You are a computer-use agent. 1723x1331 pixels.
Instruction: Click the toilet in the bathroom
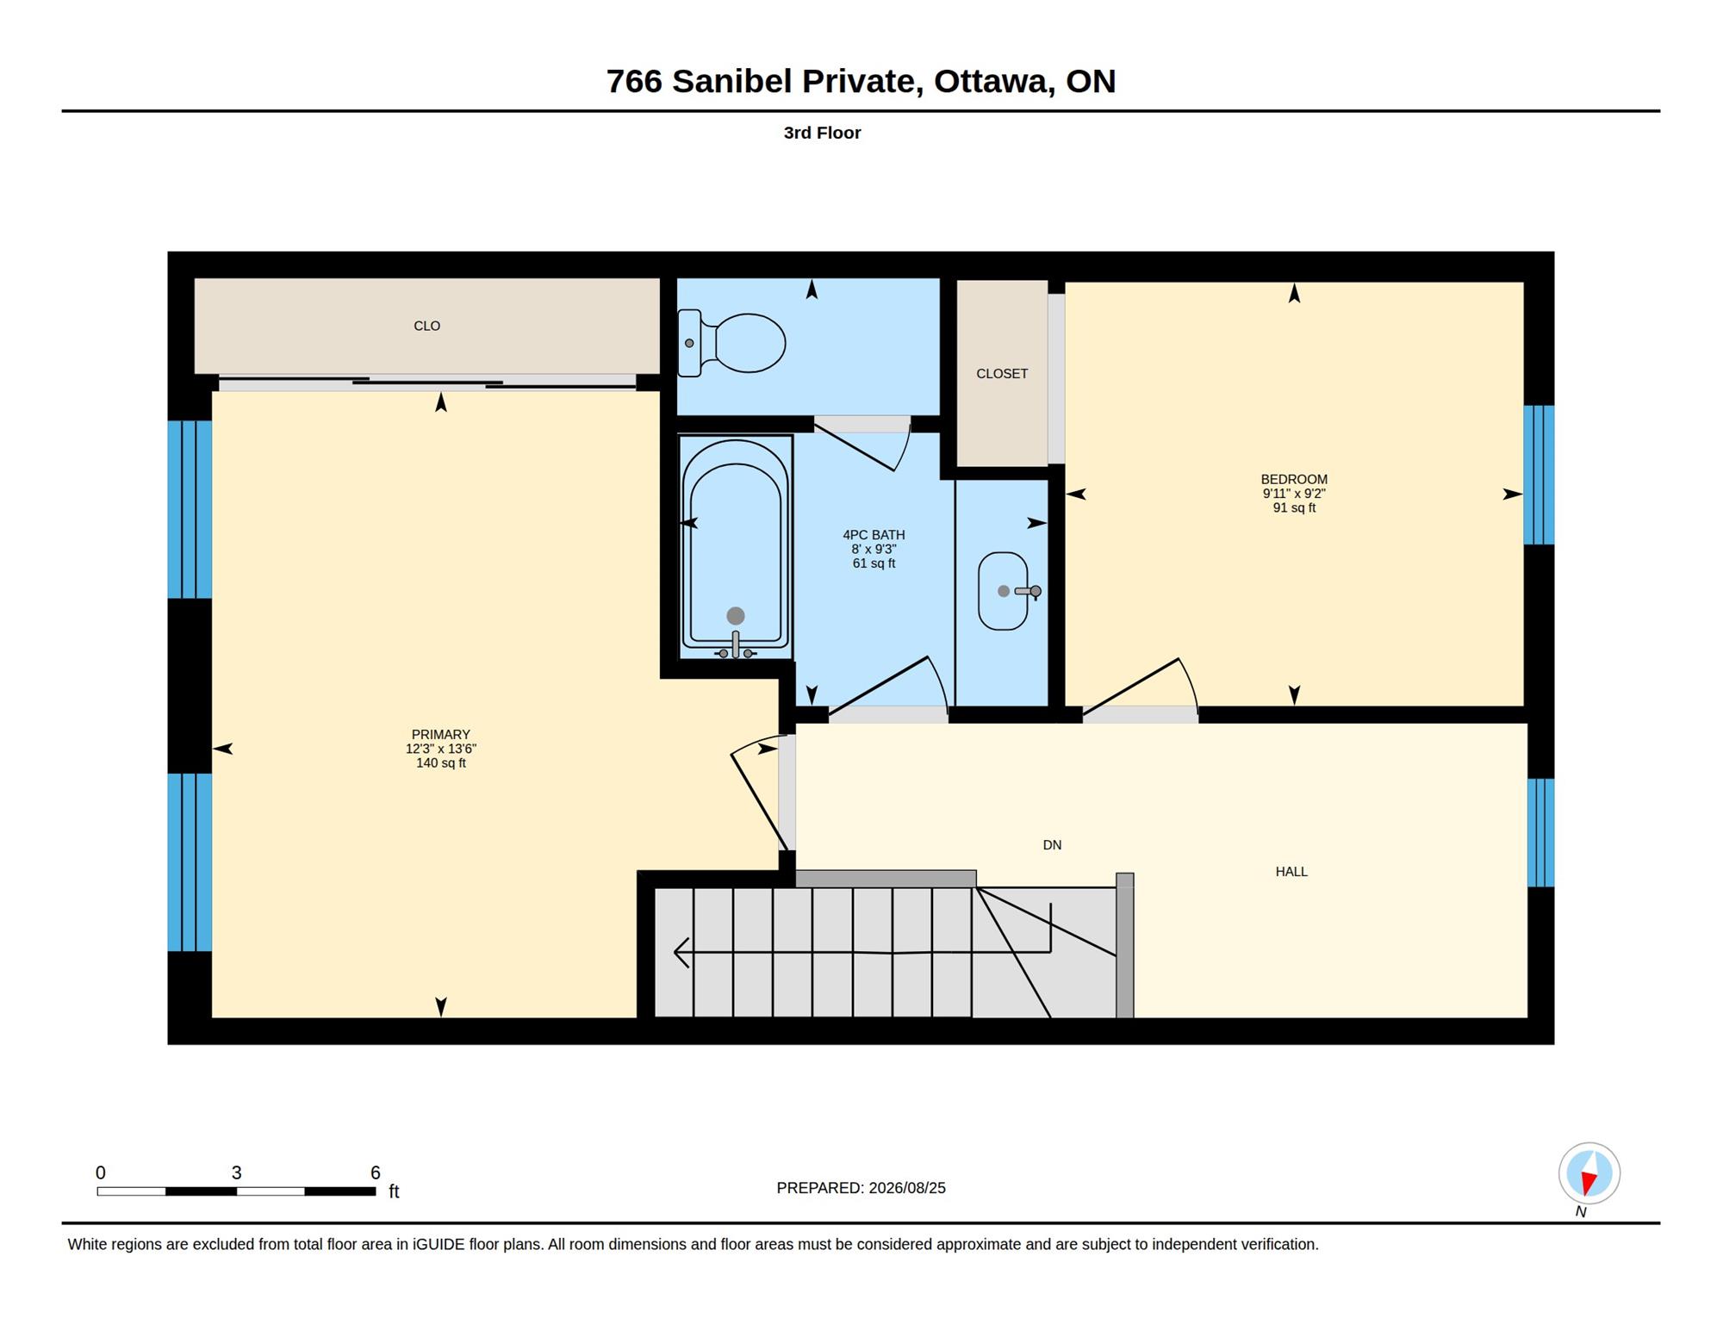[x=731, y=343]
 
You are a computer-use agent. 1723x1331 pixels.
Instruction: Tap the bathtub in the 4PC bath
[x=736, y=547]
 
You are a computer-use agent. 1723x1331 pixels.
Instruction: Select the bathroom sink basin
[x=1004, y=591]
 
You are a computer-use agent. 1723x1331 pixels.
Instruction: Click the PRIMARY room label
[x=440, y=734]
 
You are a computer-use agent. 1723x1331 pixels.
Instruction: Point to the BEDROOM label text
[x=1294, y=479]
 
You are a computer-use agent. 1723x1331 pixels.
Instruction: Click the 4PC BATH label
[x=874, y=535]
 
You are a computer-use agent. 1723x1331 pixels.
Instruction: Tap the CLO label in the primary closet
[x=426, y=326]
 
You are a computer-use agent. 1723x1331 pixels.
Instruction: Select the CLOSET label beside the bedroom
[x=1002, y=373]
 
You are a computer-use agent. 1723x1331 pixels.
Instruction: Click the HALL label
[x=1291, y=872]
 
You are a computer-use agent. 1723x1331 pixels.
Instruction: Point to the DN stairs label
[x=1052, y=845]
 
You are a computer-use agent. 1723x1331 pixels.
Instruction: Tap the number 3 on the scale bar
[x=237, y=1172]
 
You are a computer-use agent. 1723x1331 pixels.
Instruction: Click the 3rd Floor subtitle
[x=822, y=133]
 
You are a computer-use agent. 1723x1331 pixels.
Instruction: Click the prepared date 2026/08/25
[x=907, y=1188]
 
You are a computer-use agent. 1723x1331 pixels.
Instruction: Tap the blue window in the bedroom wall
[x=1539, y=475]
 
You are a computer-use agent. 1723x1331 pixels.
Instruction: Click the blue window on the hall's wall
[x=1540, y=832]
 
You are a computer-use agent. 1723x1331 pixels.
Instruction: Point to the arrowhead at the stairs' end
[x=681, y=952]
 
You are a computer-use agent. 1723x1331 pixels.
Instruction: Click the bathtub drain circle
[x=736, y=615]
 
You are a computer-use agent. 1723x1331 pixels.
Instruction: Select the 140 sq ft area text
[x=440, y=763]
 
